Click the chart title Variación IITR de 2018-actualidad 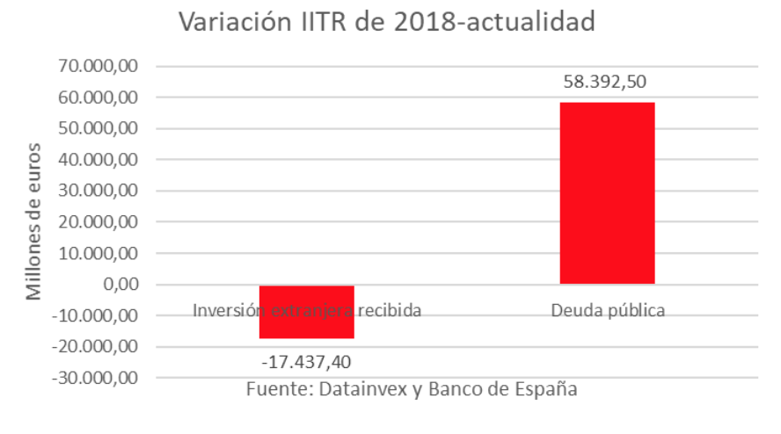coord(387,22)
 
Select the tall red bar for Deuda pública coord(607,193)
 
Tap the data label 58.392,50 coord(607,83)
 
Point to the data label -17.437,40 coord(307,360)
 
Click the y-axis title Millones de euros coord(33,220)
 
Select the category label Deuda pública coord(608,310)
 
